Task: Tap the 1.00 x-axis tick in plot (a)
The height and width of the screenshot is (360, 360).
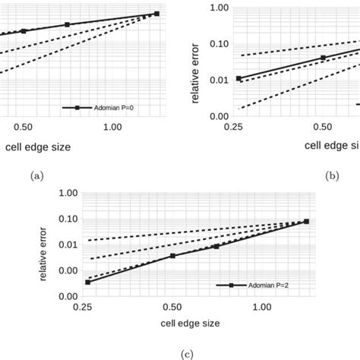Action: [x=111, y=128]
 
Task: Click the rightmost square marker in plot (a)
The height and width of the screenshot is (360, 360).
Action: [x=156, y=14]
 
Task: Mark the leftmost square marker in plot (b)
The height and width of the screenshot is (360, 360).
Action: [x=239, y=78]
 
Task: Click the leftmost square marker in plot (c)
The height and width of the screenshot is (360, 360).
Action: [x=87, y=283]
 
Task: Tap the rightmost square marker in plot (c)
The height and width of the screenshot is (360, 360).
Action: [x=307, y=221]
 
